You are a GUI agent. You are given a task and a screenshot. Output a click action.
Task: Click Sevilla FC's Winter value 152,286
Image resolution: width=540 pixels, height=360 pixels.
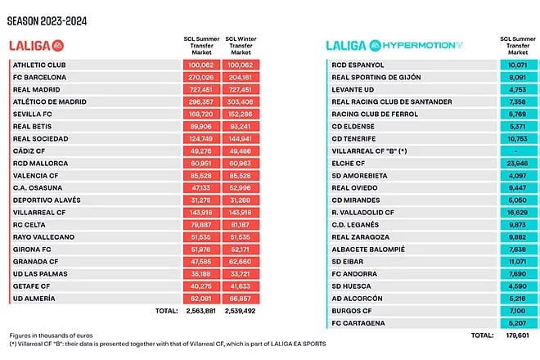click(241, 115)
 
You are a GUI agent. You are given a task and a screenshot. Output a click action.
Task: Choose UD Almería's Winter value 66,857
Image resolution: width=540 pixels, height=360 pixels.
click(241, 299)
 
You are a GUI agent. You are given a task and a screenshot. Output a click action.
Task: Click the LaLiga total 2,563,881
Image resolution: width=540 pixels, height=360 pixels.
click(200, 311)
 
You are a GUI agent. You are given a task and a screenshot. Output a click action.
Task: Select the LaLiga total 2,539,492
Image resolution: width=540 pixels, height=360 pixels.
click(241, 311)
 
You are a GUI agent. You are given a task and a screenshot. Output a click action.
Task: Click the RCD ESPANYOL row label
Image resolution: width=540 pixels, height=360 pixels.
click(358, 65)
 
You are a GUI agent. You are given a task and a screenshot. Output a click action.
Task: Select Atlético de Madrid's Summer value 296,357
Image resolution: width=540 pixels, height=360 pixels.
click(200, 103)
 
